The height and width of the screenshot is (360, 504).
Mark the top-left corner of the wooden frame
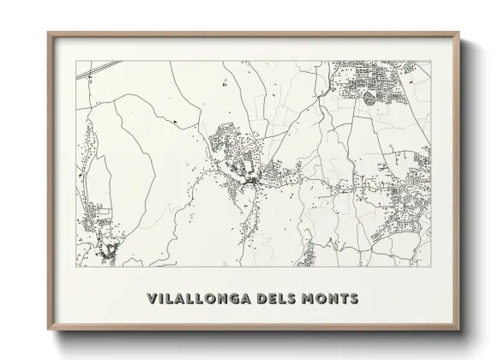pos(48,33)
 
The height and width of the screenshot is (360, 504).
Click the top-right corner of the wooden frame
pos(459,33)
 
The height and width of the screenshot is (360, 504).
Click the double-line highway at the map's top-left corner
pos(86,74)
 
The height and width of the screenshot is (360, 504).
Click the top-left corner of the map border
pos(76,62)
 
